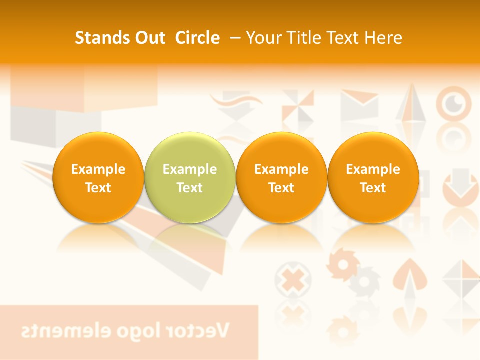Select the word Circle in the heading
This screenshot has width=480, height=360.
[197, 38]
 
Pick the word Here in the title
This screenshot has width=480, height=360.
[382, 38]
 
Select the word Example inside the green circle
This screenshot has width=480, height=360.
[190, 169]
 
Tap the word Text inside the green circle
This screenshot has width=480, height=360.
[190, 188]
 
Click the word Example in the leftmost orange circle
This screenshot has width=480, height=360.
[98, 169]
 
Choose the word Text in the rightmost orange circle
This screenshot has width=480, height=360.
[373, 188]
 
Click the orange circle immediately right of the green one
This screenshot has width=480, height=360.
[281, 177]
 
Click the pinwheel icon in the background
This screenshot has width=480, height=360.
[298, 106]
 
